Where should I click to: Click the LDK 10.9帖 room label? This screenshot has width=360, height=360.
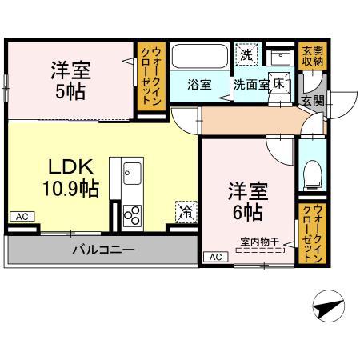(71, 178)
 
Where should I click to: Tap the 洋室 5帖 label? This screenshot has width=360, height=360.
(71, 81)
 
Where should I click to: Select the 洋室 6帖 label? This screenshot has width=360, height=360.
(248, 202)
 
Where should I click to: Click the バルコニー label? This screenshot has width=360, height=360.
(103, 250)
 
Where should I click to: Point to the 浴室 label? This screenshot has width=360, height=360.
(199, 85)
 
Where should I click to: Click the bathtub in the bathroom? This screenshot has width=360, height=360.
(199, 57)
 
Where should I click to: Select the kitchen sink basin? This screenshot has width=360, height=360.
(132, 174)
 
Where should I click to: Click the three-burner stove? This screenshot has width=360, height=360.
(132, 216)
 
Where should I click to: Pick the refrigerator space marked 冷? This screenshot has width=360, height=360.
(186, 212)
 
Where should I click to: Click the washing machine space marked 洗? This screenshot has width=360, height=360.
(247, 54)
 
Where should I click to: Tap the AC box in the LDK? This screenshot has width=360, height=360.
(22, 217)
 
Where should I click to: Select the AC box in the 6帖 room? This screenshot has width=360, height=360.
(216, 257)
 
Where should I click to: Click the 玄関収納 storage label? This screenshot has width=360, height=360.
(313, 56)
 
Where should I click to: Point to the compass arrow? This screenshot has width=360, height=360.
(329, 306)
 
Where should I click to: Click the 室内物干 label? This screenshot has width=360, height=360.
(260, 242)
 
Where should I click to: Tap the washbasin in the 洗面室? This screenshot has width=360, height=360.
(281, 57)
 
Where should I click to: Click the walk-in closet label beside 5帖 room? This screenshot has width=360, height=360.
(152, 76)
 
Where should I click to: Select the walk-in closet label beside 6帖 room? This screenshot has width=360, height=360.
(313, 234)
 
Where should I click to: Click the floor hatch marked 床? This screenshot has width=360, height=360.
(279, 84)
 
